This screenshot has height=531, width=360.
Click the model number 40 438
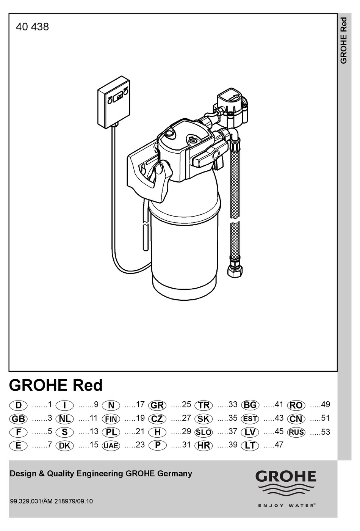coord(32,27)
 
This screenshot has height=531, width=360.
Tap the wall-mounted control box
coord(113,104)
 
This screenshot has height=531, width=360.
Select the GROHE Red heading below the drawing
coord(56,385)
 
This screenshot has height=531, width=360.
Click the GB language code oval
coord(18,419)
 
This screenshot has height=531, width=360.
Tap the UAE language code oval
coord(111,446)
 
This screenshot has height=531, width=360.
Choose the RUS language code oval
coord(296,432)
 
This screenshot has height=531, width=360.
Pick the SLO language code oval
coord(203,432)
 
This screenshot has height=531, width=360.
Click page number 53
coord(326,432)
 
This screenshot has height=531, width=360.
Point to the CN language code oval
coord(296,419)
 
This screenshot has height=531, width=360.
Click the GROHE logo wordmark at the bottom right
coord(286,477)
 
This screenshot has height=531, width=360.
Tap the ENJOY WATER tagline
coord(286,505)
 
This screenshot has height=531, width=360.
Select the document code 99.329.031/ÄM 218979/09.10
coord(51,501)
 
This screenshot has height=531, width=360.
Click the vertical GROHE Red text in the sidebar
coord(344,41)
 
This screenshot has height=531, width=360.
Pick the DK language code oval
coord(64,446)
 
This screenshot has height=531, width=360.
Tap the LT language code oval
coord(250,445)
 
